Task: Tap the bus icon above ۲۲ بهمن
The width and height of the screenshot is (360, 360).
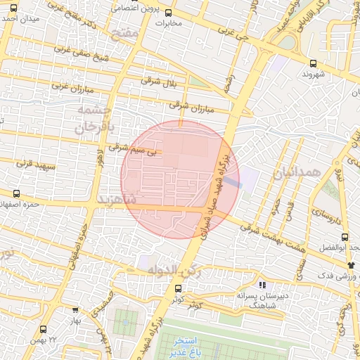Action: (x=44, y=329)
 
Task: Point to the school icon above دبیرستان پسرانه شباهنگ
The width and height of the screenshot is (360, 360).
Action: (x=262, y=285)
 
